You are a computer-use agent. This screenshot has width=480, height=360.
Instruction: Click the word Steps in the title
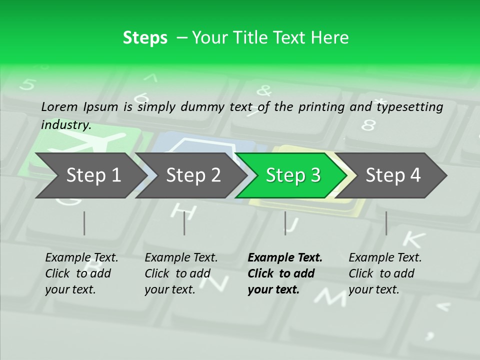[145, 38]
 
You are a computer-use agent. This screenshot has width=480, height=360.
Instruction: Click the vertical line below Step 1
[84, 223]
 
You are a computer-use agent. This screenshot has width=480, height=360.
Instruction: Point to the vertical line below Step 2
[184, 223]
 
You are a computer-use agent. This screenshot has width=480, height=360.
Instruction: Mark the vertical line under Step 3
[285, 223]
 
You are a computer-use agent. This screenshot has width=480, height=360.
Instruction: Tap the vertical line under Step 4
[386, 223]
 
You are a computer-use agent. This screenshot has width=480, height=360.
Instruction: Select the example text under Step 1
[81, 273]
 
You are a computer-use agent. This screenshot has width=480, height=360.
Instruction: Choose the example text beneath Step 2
[181, 273]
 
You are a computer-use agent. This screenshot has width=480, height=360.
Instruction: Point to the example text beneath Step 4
[385, 273]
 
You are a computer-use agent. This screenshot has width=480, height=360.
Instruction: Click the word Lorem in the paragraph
[59, 107]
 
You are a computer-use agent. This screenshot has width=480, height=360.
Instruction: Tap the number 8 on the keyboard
[368, 124]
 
